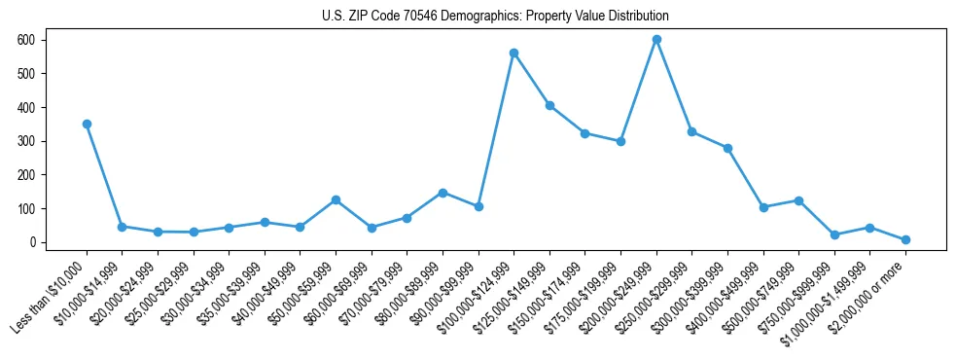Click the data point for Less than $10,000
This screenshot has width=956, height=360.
pyautogui.click(x=87, y=124)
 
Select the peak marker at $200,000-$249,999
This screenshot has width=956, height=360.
pyautogui.click(x=656, y=39)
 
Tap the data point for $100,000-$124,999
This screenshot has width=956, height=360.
pyautogui.click(x=513, y=53)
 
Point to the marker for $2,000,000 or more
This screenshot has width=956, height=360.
pyautogui.click(x=905, y=239)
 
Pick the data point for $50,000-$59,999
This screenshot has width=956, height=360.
pyautogui.click(x=336, y=199)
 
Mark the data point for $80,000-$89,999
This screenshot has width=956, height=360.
pyautogui.click(x=443, y=193)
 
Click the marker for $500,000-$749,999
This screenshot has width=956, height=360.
pyautogui.click(x=798, y=200)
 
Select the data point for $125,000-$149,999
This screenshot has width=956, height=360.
pyautogui.click(x=549, y=105)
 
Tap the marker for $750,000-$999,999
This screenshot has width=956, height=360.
pyautogui.click(x=834, y=234)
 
